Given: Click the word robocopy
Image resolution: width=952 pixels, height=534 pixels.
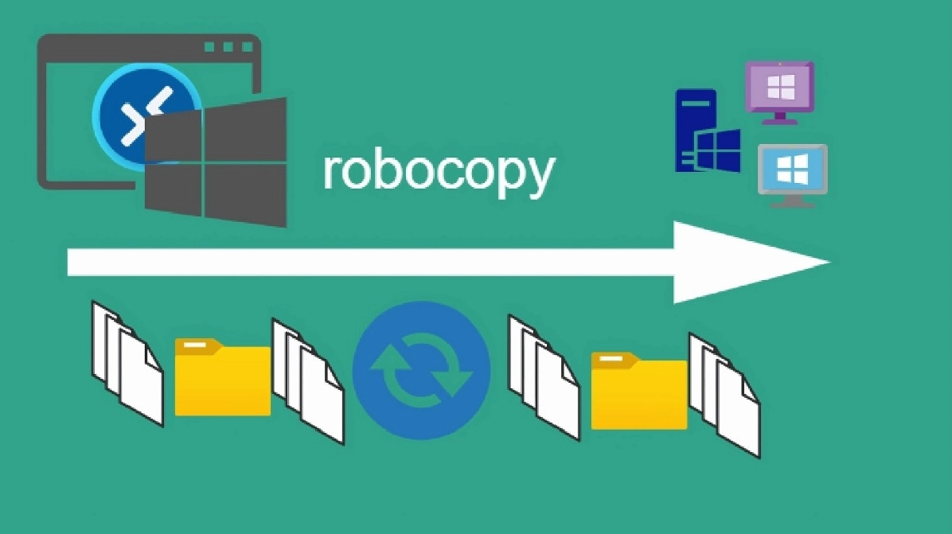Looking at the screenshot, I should click(437, 170).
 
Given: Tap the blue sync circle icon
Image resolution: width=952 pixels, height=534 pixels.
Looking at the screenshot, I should click(421, 370).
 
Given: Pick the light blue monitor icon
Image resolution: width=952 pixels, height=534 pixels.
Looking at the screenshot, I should click(792, 170).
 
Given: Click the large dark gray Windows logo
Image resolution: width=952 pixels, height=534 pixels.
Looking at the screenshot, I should click(216, 163).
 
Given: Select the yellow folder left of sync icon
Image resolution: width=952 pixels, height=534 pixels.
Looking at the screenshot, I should click(222, 377).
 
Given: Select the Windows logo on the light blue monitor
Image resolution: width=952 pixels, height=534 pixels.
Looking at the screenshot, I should click(792, 168).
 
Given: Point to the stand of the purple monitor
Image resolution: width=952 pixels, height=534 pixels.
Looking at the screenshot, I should click(779, 119).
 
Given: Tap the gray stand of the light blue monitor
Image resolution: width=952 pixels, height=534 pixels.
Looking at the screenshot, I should click(792, 201).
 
